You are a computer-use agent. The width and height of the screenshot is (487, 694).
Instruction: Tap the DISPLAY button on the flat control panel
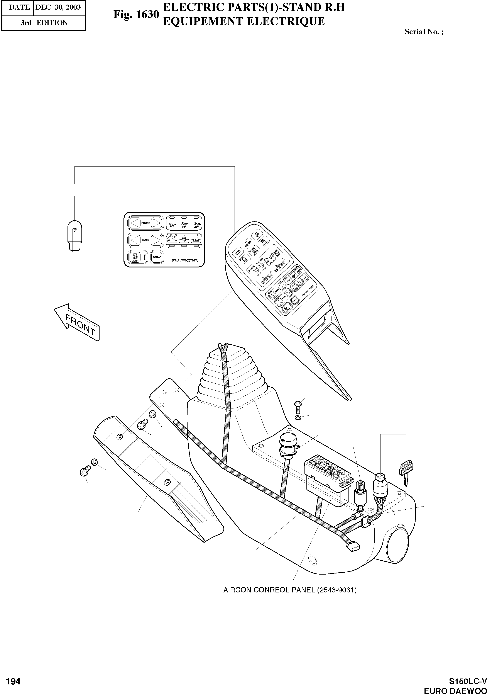coord(157,257)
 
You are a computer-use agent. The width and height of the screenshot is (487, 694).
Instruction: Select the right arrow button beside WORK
coord(156,240)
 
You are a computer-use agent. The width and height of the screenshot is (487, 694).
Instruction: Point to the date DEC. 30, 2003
coord(58,7)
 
